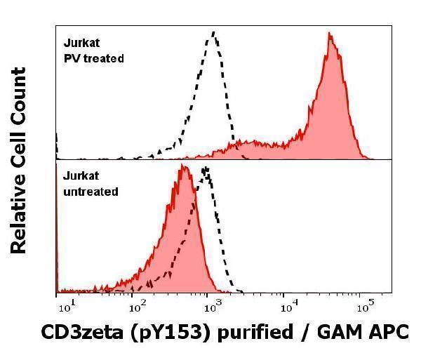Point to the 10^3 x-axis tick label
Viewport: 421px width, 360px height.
coord(211,306)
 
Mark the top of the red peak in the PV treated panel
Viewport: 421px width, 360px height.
coord(329,35)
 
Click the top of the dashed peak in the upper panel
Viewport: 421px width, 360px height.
coord(214,32)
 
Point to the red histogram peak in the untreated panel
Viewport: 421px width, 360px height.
coord(182,166)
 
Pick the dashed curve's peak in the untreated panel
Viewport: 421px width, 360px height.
coord(206,168)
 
